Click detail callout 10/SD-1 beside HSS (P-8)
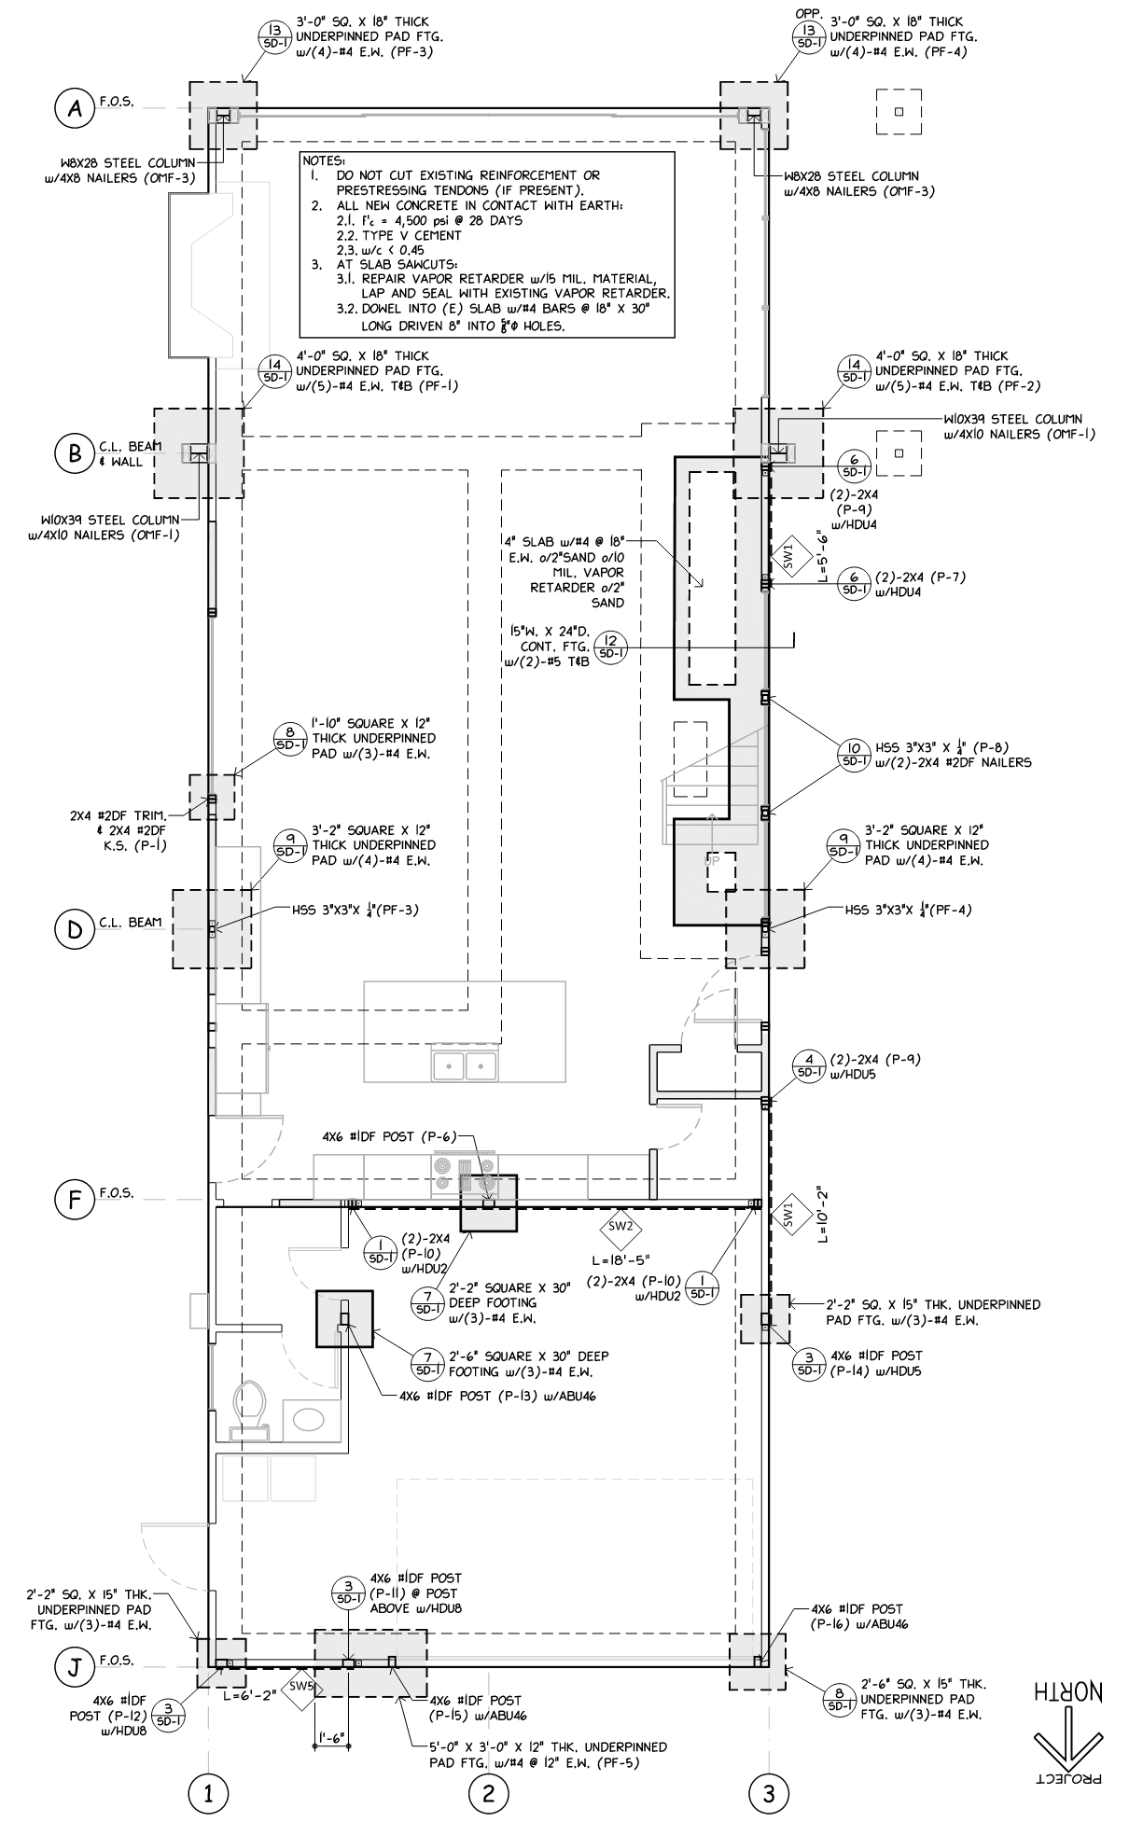(x=853, y=754)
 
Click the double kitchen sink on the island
(x=463, y=1064)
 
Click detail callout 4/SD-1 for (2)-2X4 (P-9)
(x=808, y=1066)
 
